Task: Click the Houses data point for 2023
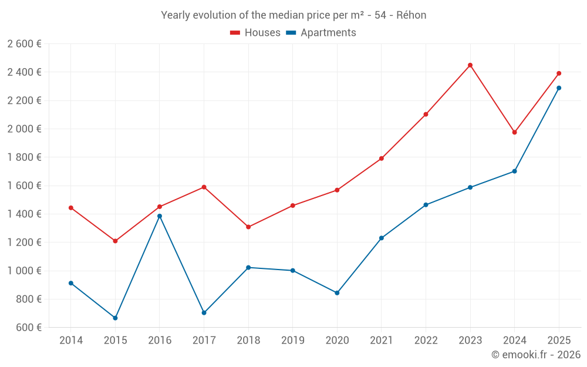pyautogui.click(x=470, y=65)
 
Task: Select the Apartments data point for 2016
pyautogui.click(x=160, y=216)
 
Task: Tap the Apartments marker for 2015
pyautogui.click(x=115, y=318)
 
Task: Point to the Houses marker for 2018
pyautogui.click(x=248, y=227)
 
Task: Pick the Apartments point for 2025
pyautogui.click(x=559, y=88)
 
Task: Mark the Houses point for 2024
pyautogui.click(x=514, y=132)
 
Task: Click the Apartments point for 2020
pyautogui.click(x=337, y=292)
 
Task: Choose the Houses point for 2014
pyautogui.click(x=71, y=208)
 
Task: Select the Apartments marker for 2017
pyautogui.click(x=204, y=312)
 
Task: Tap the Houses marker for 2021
pyautogui.click(x=382, y=159)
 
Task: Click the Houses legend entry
pyautogui.click(x=255, y=33)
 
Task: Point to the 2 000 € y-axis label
pyautogui.click(x=24, y=129)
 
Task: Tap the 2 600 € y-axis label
pyautogui.click(x=24, y=43)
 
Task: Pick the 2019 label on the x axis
pyautogui.click(x=292, y=340)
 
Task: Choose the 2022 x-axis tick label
pyautogui.click(x=426, y=340)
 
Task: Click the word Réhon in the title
pyautogui.click(x=411, y=15)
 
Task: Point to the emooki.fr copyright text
pyautogui.click(x=535, y=354)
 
